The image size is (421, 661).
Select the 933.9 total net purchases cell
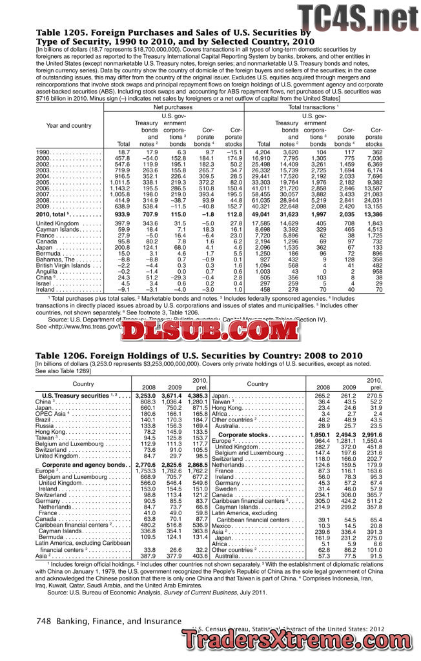point(120,212)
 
